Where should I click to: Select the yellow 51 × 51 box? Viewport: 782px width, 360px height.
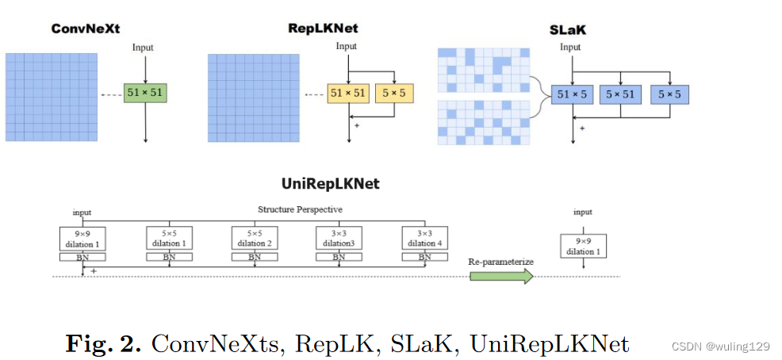(x=349, y=94)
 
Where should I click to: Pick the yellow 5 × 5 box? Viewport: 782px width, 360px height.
(x=394, y=94)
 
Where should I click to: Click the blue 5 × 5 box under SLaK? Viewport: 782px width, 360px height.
(x=670, y=95)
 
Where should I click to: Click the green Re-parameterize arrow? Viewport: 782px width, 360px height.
(x=500, y=275)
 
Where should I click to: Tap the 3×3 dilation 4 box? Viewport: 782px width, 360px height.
(x=425, y=239)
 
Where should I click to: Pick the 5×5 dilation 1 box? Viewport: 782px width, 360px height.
(x=170, y=239)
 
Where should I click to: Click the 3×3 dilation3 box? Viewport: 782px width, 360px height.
(x=339, y=239)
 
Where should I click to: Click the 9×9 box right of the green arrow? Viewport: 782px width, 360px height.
(x=583, y=246)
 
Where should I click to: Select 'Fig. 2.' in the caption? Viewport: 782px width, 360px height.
(x=104, y=343)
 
